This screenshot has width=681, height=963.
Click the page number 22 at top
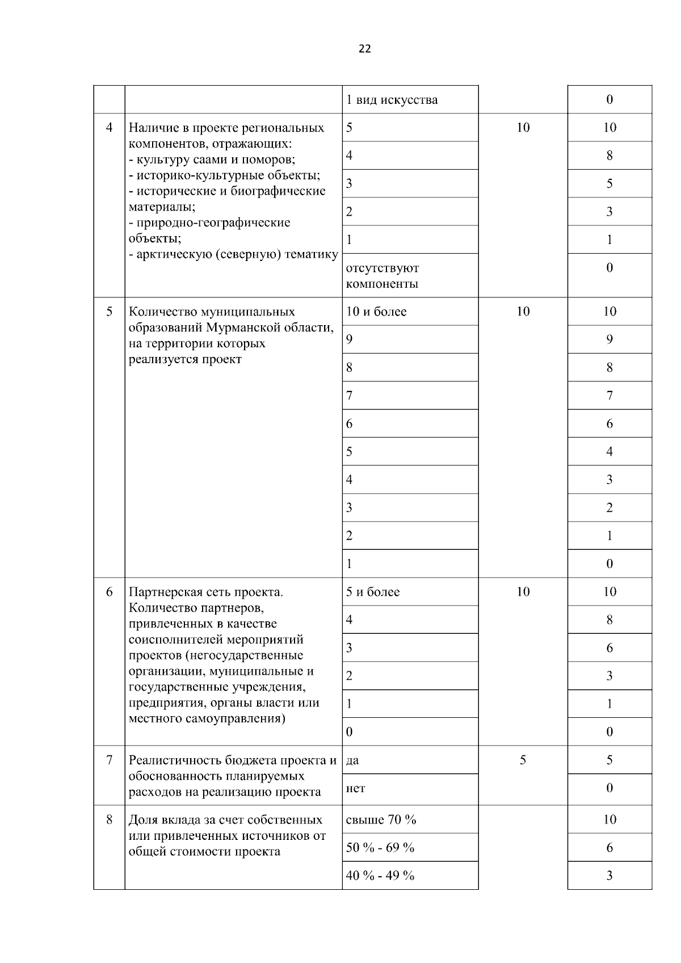pyautogui.click(x=364, y=49)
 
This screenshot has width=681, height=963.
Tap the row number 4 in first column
pyautogui.click(x=109, y=127)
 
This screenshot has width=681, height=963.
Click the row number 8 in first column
pyautogui.click(x=109, y=820)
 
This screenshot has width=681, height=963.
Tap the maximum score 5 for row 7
pyautogui.click(x=523, y=760)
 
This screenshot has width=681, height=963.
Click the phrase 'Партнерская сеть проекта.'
pyautogui.click(x=206, y=592)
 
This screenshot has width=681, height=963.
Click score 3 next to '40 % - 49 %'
pyautogui.click(x=609, y=876)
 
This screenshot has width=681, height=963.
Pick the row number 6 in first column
pyautogui.click(x=109, y=592)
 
